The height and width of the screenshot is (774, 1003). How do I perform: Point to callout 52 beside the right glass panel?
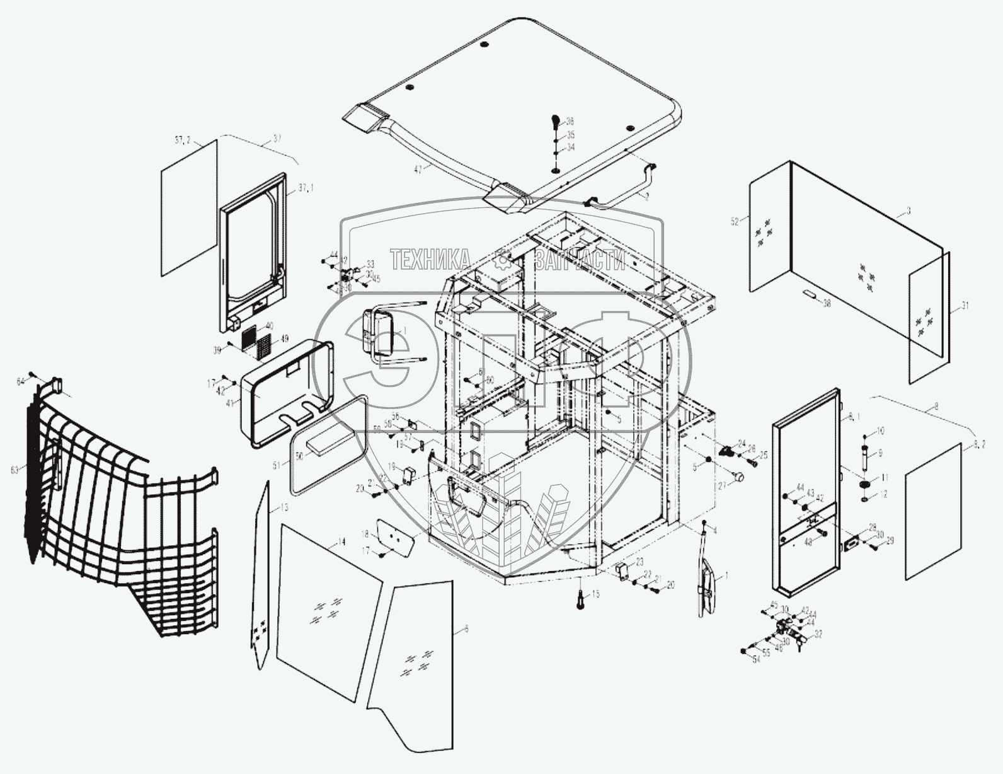pyautogui.click(x=734, y=220)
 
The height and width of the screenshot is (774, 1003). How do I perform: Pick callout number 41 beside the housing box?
pyautogui.click(x=228, y=401)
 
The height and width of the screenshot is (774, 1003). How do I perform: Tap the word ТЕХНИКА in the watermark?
pyautogui.click(x=430, y=259)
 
